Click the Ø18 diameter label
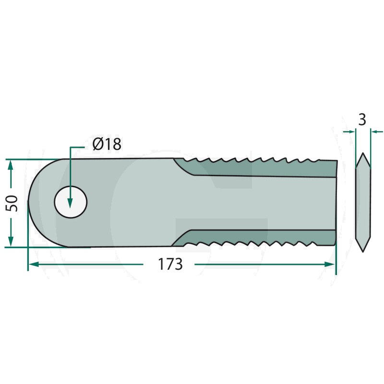(x=107, y=144)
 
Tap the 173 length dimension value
(x=170, y=264)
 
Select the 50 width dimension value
(x=12, y=203)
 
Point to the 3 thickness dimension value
(x=362, y=120)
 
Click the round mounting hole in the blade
(x=71, y=202)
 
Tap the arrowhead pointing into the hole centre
(x=70, y=203)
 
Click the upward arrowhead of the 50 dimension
(x=10, y=166)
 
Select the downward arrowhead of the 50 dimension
(x=10, y=241)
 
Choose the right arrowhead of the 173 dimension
(x=329, y=264)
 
